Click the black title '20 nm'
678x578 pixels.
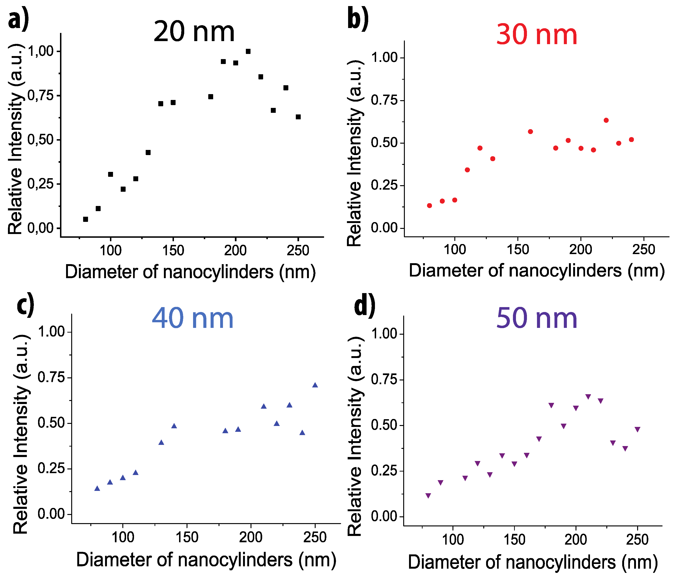point(194,32)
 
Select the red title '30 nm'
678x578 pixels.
point(537,35)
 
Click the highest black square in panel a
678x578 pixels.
point(248,51)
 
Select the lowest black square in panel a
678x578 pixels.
point(85,219)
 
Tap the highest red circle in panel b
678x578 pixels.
point(606,120)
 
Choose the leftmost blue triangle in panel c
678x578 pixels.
point(97,489)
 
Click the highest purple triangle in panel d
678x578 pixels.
point(588,397)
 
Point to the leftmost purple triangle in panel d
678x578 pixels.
point(428,496)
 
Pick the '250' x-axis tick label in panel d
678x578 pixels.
point(637,540)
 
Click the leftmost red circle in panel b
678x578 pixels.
point(429,206)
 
